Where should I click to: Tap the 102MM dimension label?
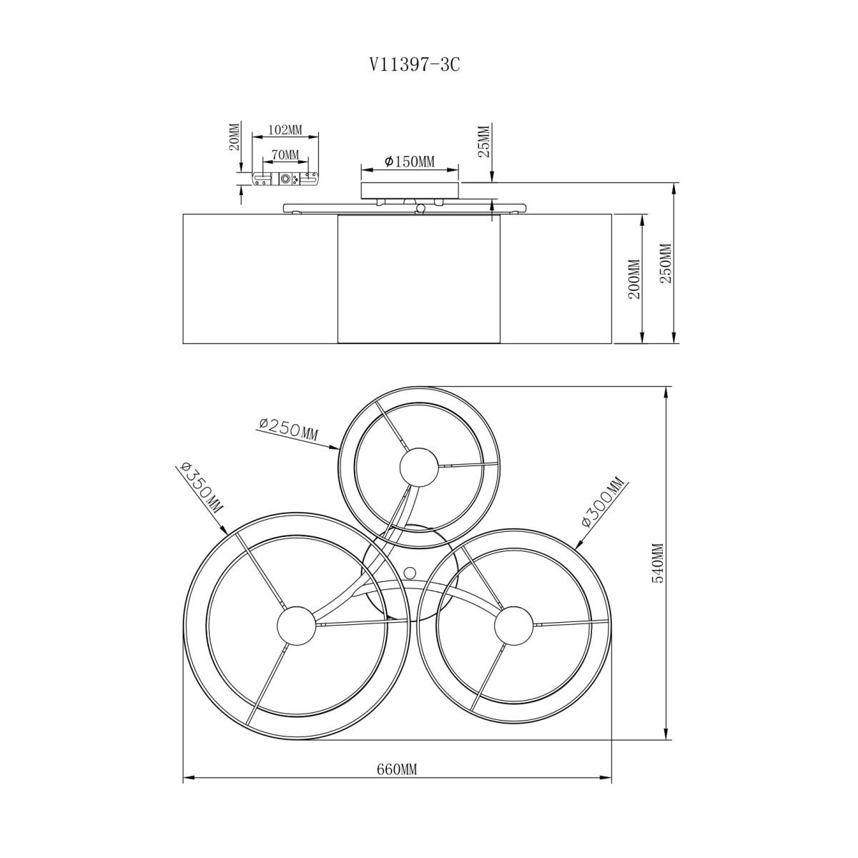(x=285, y=129)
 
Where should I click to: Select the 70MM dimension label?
(x=285, y=154)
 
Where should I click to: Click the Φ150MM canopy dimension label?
(x=409, y=162)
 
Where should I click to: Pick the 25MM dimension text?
(x=483, y=141)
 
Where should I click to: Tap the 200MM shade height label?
(x=636, y=279)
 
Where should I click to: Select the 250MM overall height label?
(x=666, y=263)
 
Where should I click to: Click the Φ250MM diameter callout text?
(x=289, y=429)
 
